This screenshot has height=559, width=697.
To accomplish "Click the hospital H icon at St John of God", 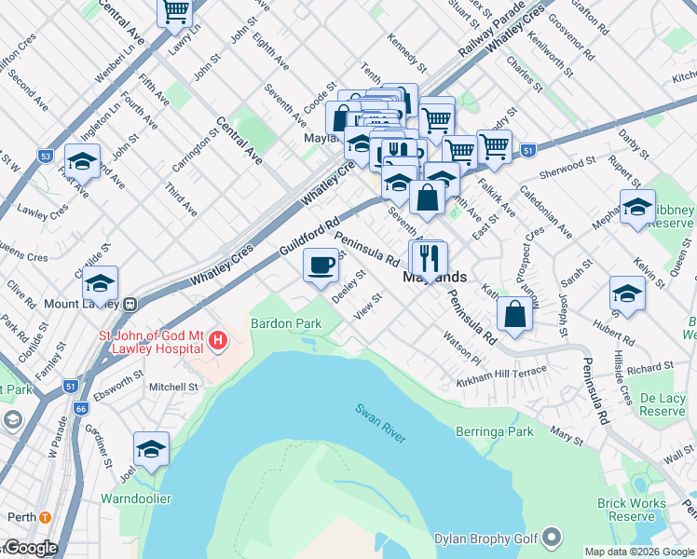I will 218,341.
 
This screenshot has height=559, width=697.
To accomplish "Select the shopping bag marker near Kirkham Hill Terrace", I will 514,314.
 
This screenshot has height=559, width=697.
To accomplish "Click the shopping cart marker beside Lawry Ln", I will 175,12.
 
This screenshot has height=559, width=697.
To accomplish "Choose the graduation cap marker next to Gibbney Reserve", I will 637,207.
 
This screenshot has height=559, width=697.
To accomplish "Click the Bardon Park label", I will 286,322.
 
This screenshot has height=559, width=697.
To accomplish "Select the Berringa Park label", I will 495,431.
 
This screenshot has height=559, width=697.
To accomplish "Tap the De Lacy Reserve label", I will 663,404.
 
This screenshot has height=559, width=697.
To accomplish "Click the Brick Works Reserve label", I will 632,510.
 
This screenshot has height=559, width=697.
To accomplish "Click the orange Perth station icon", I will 45,517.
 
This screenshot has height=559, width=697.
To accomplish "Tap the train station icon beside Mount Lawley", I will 131,303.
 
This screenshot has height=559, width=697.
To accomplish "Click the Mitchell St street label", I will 174,387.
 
